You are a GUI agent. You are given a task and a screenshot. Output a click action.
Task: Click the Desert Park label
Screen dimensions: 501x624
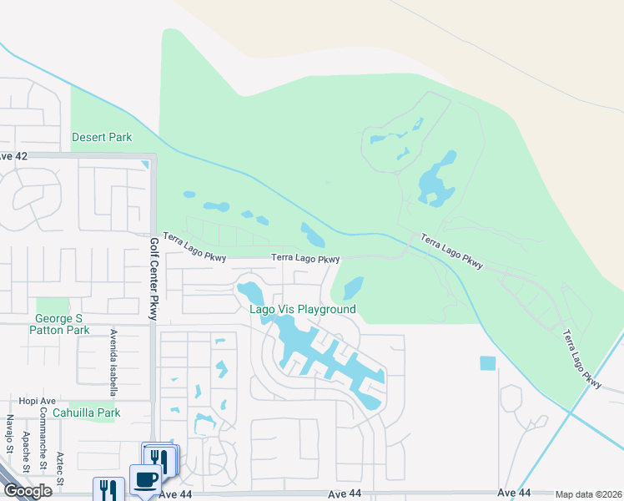pos(102,137)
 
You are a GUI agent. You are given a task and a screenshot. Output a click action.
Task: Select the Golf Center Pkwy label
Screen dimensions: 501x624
pos(153,278)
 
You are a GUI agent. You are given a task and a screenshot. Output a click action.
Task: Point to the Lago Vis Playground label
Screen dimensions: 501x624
pos(303,310)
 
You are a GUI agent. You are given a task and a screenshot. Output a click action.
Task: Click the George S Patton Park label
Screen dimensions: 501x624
pos(58,324)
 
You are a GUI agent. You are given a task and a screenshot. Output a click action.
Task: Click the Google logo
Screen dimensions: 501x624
pos(27,491)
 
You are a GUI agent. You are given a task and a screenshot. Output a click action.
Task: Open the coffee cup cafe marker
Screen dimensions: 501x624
pos(146,480)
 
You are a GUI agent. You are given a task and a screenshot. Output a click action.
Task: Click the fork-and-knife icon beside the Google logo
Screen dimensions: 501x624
pos(108,488)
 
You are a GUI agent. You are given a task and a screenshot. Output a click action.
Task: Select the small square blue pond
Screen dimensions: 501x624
pos(487,363)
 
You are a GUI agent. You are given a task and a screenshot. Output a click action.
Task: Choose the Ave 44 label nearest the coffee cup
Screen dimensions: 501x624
pos(175,494)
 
